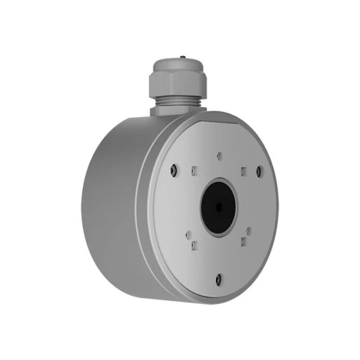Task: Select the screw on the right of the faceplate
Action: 261,173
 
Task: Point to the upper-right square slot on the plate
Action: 243,171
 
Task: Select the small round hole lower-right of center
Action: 248,230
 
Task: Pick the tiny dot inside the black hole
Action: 219,207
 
